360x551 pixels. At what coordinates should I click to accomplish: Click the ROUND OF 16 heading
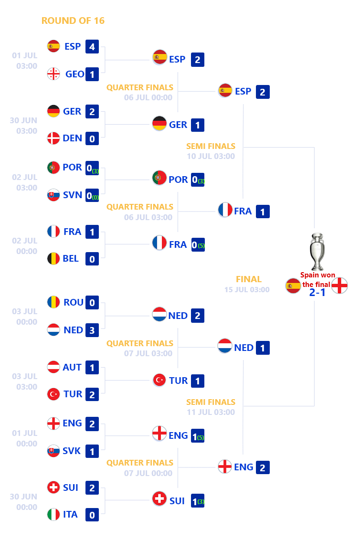click(73, 21)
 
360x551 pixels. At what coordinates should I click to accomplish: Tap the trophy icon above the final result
click(317, 252)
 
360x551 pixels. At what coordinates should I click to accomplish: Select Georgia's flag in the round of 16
click(53, 74)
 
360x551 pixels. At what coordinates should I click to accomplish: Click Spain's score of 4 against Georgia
click(92, 47)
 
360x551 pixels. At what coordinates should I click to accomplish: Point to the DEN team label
click(73, 138)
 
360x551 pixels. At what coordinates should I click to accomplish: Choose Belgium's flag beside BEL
click(53, 259)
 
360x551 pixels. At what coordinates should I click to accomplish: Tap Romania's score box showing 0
click(92, 303)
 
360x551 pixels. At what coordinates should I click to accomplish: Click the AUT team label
click(72, 367)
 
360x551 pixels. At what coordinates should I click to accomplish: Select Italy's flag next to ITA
click(53, 514)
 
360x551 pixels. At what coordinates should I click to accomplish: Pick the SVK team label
click(72, 451)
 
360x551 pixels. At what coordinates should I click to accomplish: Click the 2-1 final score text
click(317, 292)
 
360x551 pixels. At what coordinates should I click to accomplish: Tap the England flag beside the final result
click(339, 286)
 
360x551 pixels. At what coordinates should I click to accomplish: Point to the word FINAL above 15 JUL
click(249, 279)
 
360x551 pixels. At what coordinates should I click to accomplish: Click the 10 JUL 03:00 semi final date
click(211, 157)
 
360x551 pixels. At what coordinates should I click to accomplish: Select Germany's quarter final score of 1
click(198, 125)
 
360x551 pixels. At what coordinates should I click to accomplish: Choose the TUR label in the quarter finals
click(178, 381)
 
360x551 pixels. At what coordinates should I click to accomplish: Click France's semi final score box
click(263, 212)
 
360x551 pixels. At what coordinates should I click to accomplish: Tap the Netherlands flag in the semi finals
click(225, 346)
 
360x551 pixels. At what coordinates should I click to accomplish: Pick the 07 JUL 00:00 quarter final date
click(148, 473)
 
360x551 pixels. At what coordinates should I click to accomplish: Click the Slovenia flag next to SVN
click(53, 195)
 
